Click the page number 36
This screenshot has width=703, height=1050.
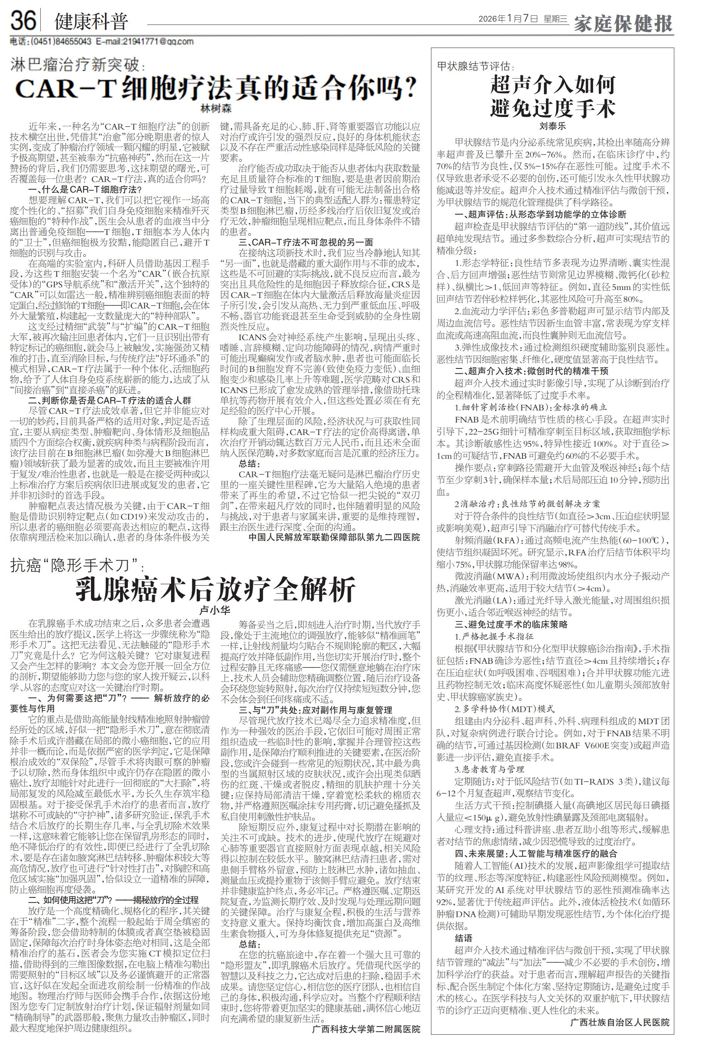(23, 21)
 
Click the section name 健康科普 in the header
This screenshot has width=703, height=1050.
(91, 21)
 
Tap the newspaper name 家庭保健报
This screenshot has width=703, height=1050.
(624, 22)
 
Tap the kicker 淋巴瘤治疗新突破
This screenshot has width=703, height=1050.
(76, 66)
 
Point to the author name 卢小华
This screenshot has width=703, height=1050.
(215, 610)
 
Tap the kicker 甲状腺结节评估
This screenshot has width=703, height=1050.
(474, 66)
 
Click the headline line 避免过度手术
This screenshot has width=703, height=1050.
(553, 108)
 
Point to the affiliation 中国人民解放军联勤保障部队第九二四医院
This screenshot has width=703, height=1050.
(334, 537)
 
